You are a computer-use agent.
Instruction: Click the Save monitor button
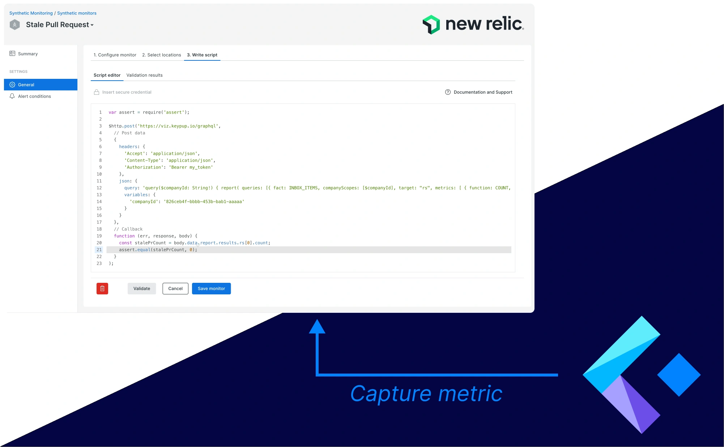pyautogui.click(x=211, y=289)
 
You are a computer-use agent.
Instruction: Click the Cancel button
pyautogui.click(x=175, y=289)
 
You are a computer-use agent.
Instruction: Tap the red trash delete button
pyautogui.click(x=102, y=289)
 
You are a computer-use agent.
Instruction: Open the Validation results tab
pyautogui.click(x=144, y=75)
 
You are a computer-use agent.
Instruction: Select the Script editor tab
pyautogui.click(x=107, y=75)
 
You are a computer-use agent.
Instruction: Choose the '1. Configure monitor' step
pyautogui.click(x=115, y=55)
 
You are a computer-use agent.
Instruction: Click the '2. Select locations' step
pyautogui.click(x=162, y=55)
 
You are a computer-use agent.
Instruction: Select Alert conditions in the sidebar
pyautogui.click(x=34, y=96)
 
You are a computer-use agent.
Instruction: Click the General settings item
pyautogui.click(x=26, y=85)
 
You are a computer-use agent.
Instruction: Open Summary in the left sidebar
pyautogui.click(x=28, y=54)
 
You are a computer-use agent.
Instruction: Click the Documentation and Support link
pyautogui.click(x=483, y=92)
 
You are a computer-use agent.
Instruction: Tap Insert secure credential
pyautogui.click(x=127, y=92)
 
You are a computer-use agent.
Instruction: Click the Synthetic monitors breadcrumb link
pyautogui.click(x=77, y=13)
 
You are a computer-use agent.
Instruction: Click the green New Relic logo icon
pyautogui.click(x=431, y=25)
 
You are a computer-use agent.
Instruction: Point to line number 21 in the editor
pyautogui.click(x=99, y=250)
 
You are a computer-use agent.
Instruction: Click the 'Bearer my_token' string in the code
pyautogui.click(x=192, y=167)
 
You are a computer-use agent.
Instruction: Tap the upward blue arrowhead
pyautogui.click(x=317, y=327)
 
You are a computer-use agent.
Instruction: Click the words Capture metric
pyautogui.click(x=426, y=393)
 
